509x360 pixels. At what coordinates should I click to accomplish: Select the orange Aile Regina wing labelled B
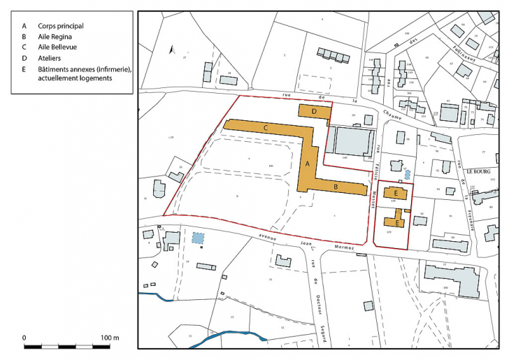(336, 187)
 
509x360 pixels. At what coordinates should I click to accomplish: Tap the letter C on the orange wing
(266, 128)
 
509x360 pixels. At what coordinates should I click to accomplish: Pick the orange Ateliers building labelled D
(315, 111)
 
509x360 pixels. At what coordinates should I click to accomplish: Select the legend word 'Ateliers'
(52, 59)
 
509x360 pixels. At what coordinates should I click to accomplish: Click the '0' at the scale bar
(25, 338)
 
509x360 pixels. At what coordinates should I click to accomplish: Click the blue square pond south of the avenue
(199, 238)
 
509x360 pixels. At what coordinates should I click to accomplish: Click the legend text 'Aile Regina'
(57, 37)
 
